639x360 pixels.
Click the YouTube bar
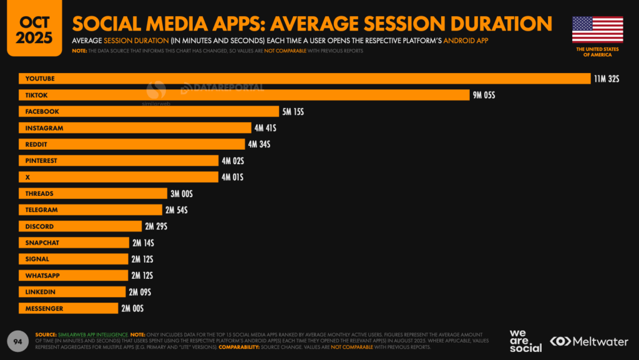305,79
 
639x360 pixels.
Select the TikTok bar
244,95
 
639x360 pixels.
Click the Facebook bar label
42,112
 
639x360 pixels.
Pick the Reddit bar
132,144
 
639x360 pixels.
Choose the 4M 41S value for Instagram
265,128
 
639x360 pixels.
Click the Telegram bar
90,210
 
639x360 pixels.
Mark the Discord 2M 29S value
155,226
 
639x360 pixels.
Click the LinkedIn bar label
41,292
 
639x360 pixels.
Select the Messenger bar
68,308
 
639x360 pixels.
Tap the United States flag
597,29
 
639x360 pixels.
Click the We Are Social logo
525,341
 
